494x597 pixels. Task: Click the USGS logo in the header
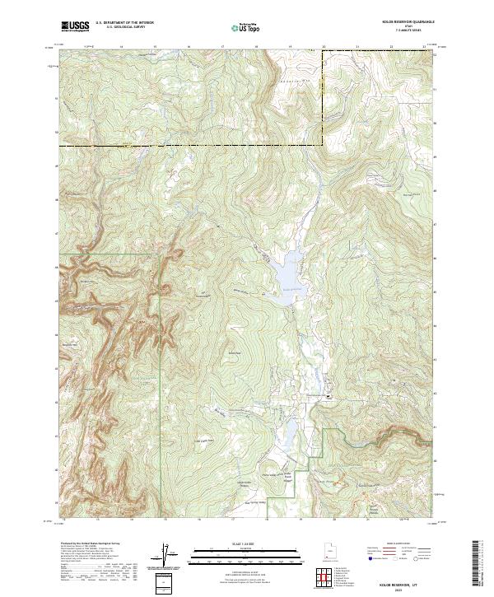(76, 26)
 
